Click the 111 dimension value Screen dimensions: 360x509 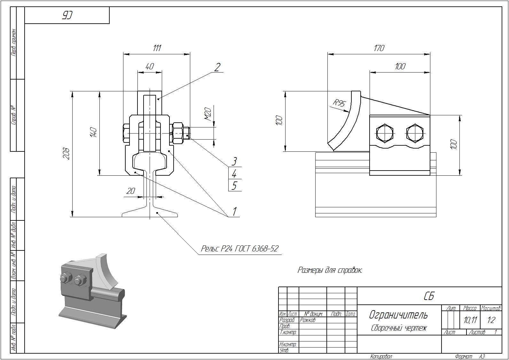coord(157,48)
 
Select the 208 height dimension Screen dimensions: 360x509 coord(67,154)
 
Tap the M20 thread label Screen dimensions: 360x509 coord(208,114)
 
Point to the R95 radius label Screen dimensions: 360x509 coord(339,103)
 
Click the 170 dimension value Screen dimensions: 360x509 coord(379,48)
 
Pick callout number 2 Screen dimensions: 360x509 coord(217,67)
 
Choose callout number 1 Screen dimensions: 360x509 coord(234,211)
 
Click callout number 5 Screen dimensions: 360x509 coord(234,186)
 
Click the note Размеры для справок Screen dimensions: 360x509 coord(330,270)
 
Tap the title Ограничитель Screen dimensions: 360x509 coord(398,315)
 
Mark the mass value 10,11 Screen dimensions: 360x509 coord(470,320)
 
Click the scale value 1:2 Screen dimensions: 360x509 coord(491,320)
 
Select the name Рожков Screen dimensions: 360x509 coord(308,320)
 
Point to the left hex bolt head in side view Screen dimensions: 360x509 coord(385,133)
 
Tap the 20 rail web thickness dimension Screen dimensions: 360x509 coord(131,191)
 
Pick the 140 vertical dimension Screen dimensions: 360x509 coord(93,132)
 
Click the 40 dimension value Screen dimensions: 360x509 coord(149,66)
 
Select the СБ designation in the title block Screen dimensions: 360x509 coord(429,296)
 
